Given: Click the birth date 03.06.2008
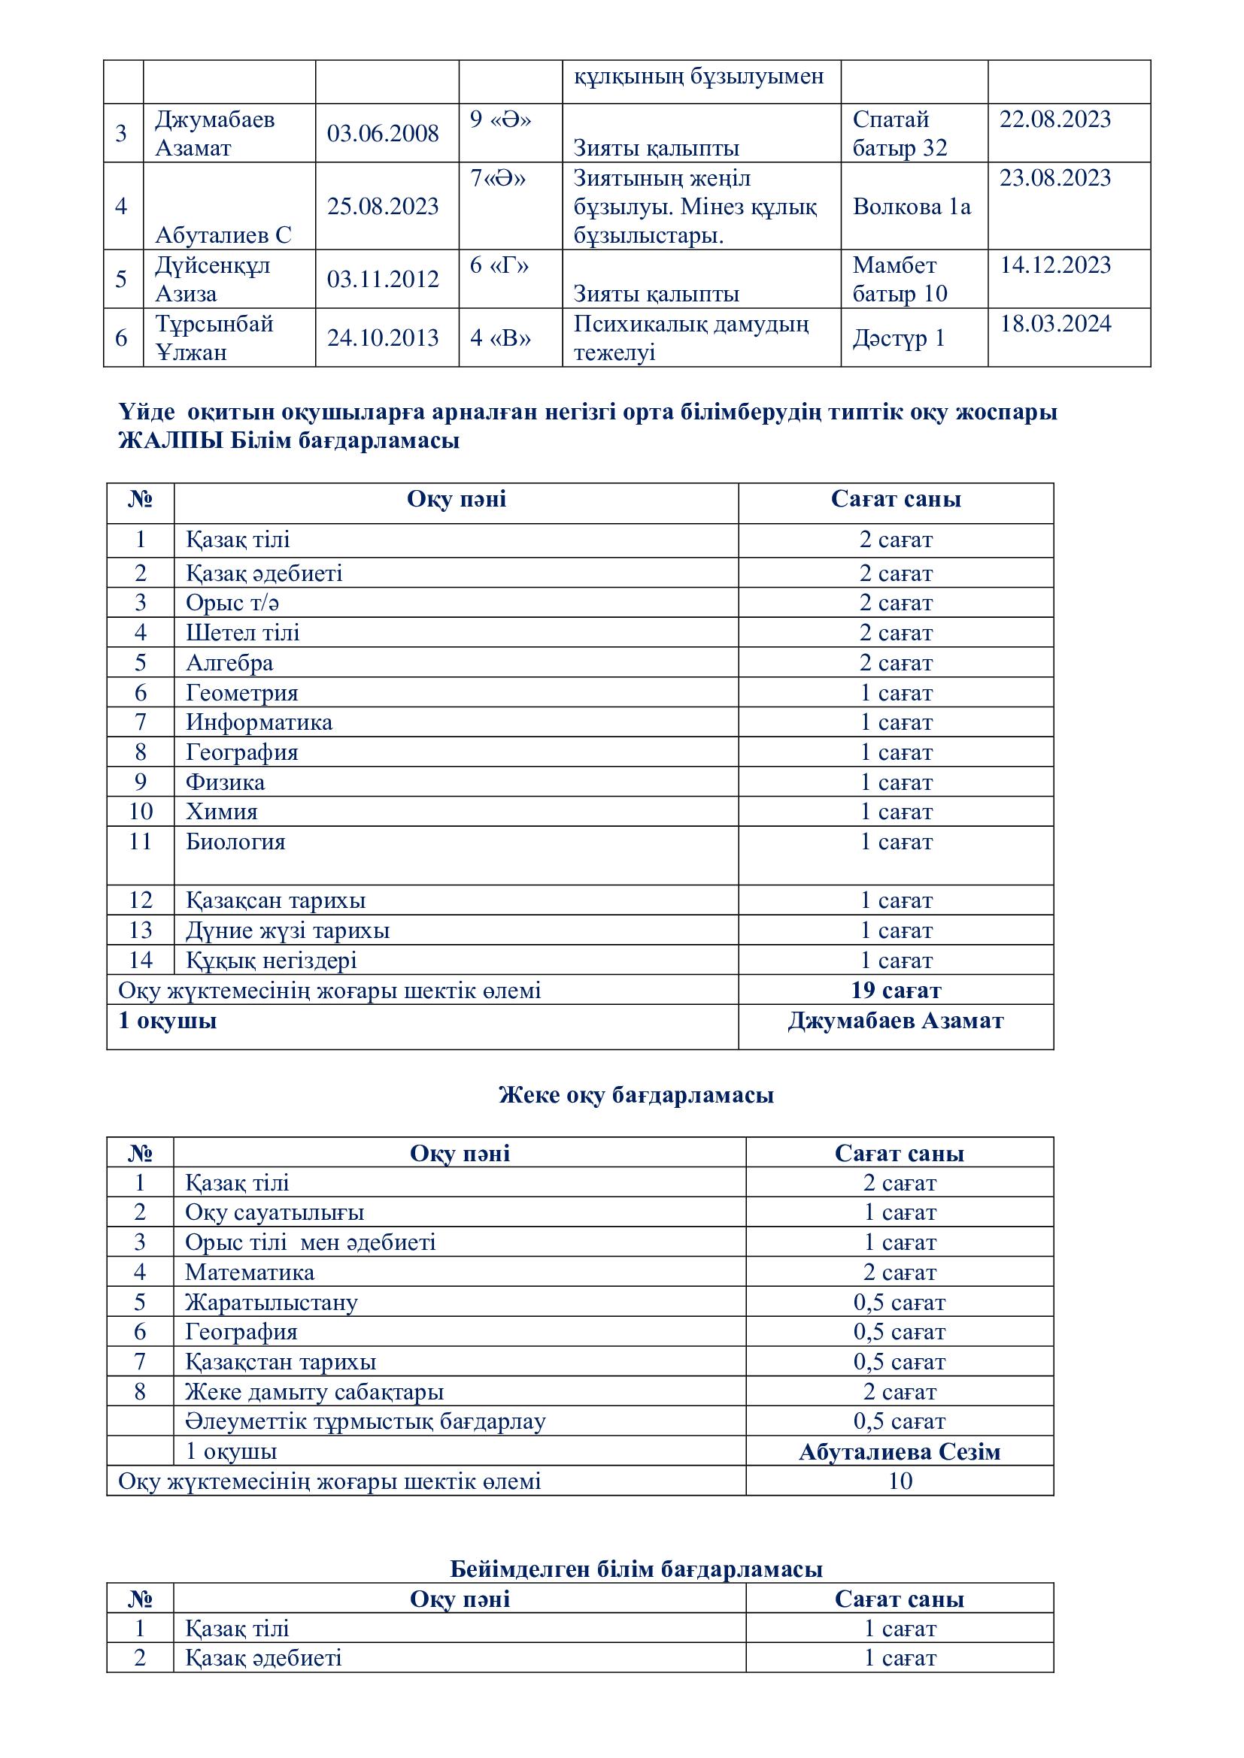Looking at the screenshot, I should (382, 133).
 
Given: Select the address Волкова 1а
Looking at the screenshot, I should (911, 207).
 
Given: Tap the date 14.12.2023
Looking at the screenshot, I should (1054, 265).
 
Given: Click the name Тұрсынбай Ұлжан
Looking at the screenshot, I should (214, 337).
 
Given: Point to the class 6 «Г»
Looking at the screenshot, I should (499, 265).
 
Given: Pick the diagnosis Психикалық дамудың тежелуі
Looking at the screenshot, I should (690, 337).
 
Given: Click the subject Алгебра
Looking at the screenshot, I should (229, 662).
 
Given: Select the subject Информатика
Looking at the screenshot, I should (259, 722).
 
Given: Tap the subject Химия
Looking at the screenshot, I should (221, 812).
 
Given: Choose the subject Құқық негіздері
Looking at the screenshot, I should (272, 960).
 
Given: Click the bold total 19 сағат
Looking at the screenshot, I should (896, 990).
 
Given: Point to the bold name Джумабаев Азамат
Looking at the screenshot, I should (896, 1021).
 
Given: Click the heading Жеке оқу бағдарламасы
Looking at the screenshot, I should (636, 1095).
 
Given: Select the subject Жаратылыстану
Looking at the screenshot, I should (272, 1303).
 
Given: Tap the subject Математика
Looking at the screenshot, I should (250, 1272).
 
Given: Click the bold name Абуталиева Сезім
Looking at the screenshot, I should (900, 1452).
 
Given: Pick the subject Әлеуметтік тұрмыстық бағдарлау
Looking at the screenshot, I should (366, 1421).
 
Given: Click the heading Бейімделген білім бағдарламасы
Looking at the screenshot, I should (636, 1569).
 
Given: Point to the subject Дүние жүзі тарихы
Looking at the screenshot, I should (287, 930).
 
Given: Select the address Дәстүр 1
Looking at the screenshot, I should (899, 337).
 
